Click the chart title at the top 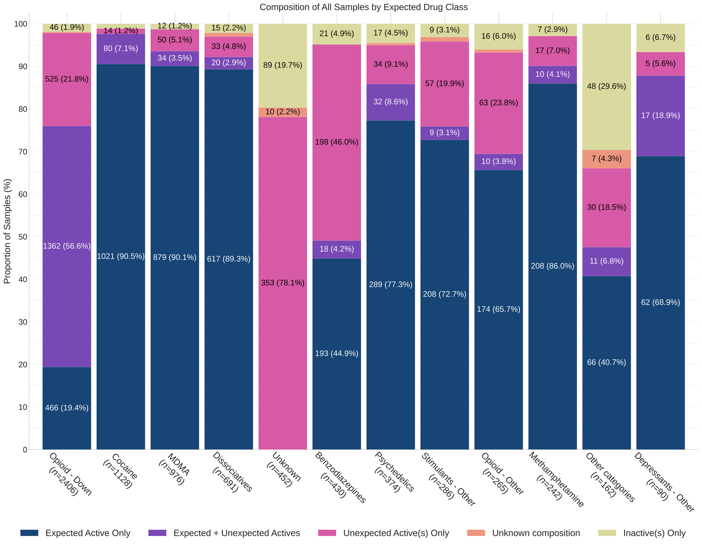(x=364, y=7)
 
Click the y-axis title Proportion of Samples (x=7, y=231)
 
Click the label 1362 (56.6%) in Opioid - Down (x=67, y=246)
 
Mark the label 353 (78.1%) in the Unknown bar (x=283, y=283)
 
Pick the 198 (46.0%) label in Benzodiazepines (x=337, y=142)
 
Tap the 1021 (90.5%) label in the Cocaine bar (x=121, y=257)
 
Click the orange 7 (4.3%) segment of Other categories (x=607, y=159)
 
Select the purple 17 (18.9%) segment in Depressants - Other (x=661, y=115)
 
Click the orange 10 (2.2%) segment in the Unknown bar (x=283, y=112)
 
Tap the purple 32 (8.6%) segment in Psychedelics (x=391, y=102)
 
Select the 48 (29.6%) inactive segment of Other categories (x=607, y=86)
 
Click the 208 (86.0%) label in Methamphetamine (x=552, y=266)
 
